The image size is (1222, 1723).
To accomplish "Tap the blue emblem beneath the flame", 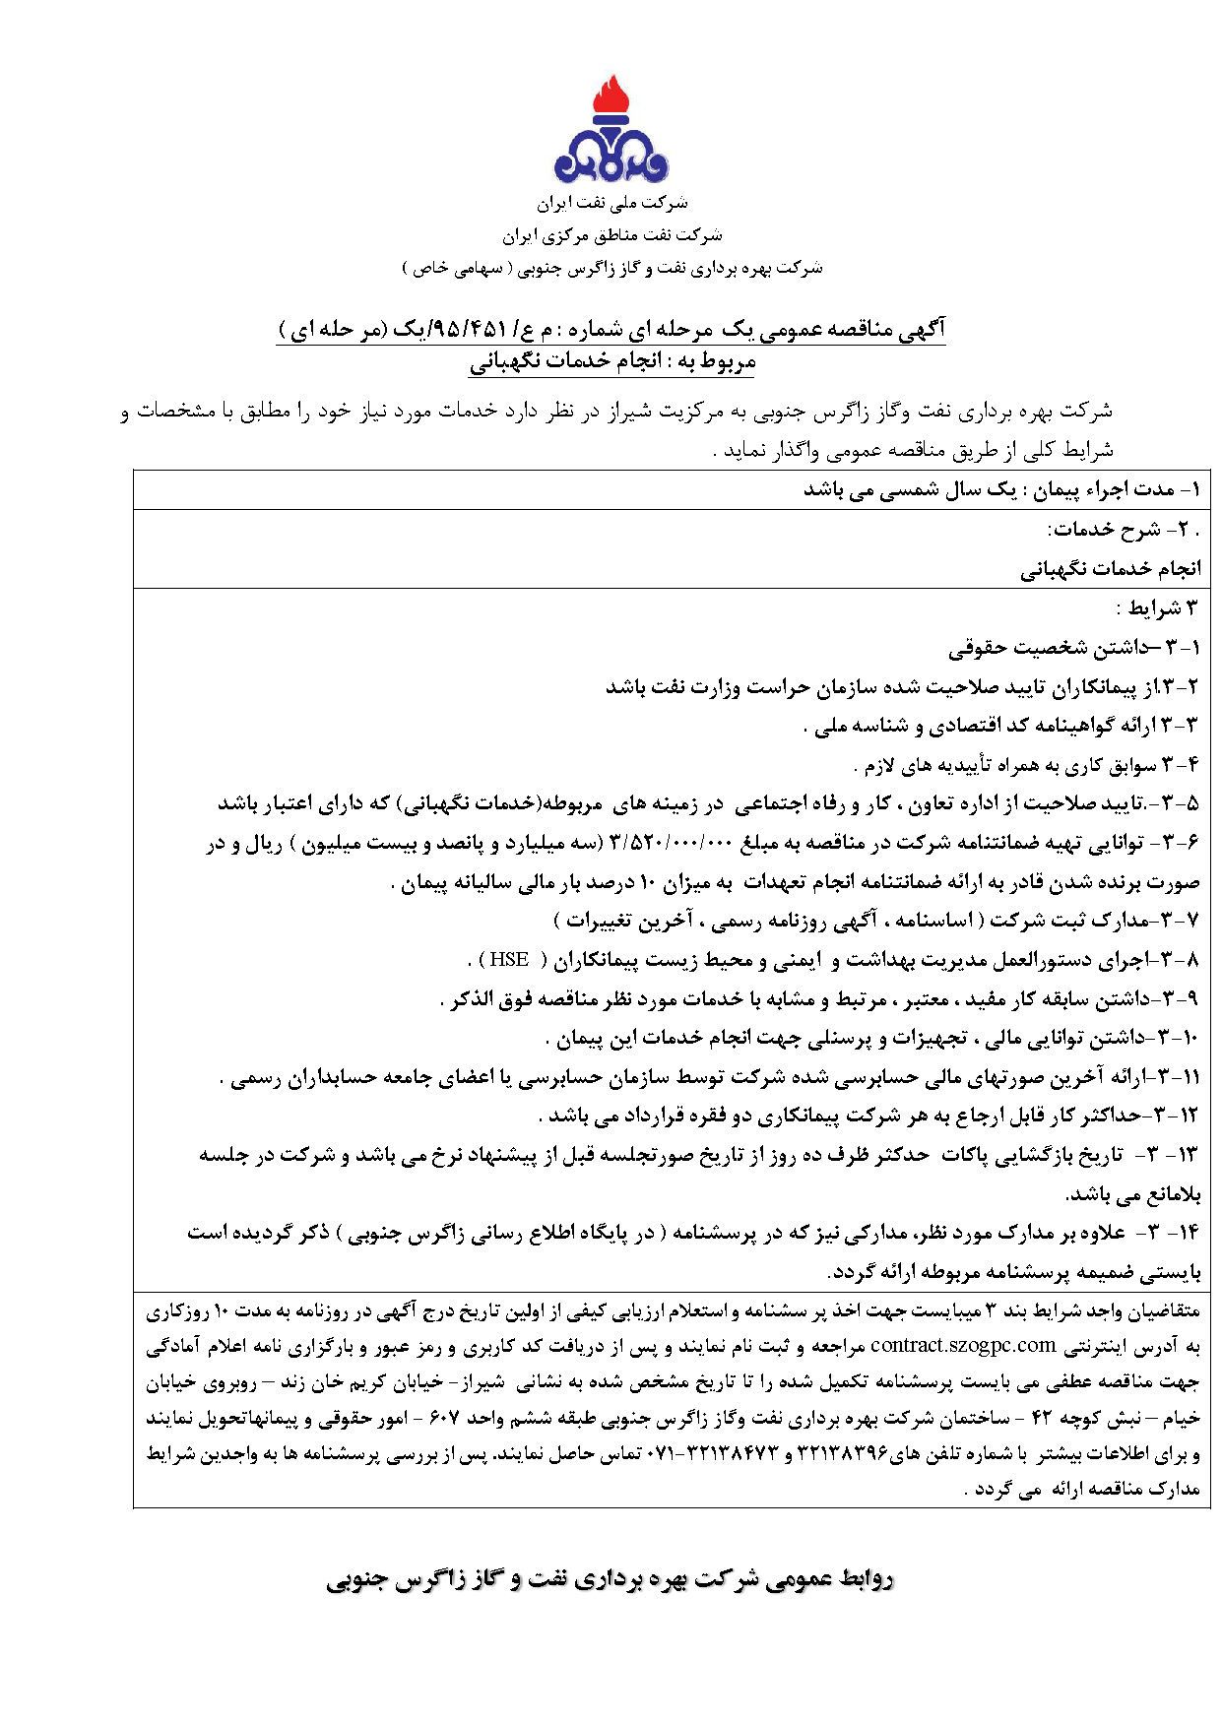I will (611, 157).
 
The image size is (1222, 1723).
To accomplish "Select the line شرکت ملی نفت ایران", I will (611, 204).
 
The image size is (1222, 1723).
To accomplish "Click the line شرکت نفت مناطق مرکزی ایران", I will (611, 235).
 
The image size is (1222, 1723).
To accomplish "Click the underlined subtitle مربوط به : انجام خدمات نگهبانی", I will (611, 362).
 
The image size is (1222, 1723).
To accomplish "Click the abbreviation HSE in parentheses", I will (509, 959).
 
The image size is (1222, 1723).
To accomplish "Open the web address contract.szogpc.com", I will (963, 1345).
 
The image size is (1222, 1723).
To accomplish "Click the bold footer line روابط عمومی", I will (610, 1580).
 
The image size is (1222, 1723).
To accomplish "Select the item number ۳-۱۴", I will (1171, 1233).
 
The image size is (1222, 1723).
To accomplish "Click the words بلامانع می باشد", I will (1133, 1195).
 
